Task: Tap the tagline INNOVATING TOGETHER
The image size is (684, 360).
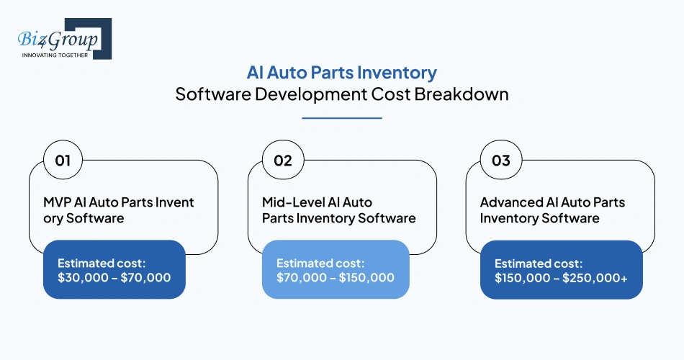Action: pos(55,55)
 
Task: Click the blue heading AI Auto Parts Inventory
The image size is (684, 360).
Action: pos(341,73)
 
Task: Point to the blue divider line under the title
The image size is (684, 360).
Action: pos(341,117)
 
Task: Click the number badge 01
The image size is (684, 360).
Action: pos(63,160)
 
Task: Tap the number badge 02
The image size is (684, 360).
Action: pos(283,160)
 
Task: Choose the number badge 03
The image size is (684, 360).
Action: pos(501,160)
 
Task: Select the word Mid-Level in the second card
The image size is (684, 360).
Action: pos(291,202)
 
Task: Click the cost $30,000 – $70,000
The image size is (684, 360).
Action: pos(114,276)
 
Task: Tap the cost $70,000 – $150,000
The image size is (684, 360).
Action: pos(336,277)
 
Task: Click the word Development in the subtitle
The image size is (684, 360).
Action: pos(310,94)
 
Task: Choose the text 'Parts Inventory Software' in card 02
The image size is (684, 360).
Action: pos(338,217)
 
